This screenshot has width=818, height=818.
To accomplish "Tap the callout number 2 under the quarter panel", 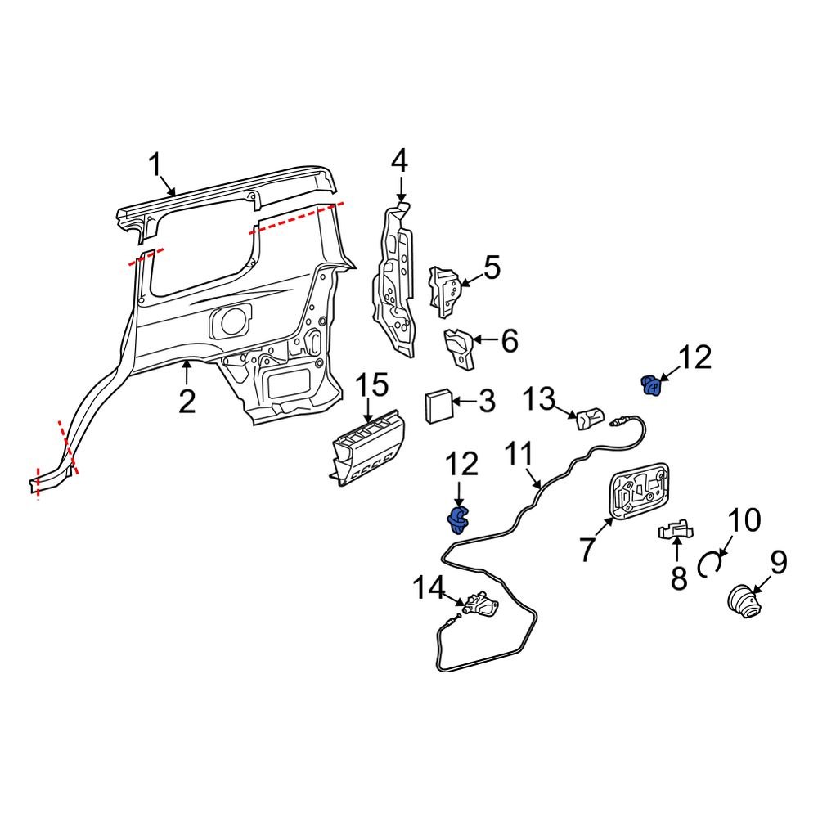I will [187, 402].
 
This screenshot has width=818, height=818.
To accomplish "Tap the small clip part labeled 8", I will [677, 532].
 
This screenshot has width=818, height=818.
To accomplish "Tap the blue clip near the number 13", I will [651, 384].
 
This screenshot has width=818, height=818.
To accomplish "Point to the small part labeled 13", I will [590, 420].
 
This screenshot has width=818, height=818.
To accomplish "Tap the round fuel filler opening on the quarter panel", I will [231, 321].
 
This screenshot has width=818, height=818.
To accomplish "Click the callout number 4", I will [398, 160].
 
